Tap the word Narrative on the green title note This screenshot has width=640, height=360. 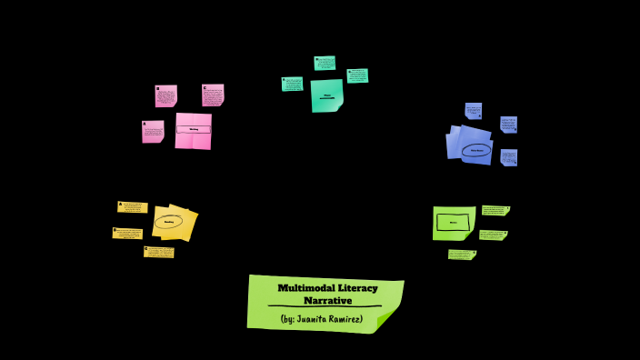[x=327, y=300]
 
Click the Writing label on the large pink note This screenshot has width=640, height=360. [x=194, y=130]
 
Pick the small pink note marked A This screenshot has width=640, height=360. [x=153, y=132]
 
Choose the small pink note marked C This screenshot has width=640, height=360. [x=213, y=95]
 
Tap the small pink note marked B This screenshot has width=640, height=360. [x=165, y=96]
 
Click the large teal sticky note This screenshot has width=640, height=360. [x=326, y=95]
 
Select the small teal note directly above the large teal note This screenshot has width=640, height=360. [x=325, y=63]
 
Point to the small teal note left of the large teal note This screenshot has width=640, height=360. [x=292, y=84]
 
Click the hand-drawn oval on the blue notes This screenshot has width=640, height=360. [x=476, y=151]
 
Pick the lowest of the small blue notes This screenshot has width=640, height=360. [x=509, y=157]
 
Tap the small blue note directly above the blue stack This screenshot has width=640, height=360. [x=474, y=111]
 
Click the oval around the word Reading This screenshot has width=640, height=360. [x=168, y=221]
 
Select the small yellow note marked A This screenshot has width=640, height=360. [x=133, y=207]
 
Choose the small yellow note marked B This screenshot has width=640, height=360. [x=127, y=234]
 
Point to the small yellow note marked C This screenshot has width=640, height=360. [x=159, y=252]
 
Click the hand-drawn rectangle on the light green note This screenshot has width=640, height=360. [x=453, y=222]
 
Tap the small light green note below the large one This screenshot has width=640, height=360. [x=462, y=255]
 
